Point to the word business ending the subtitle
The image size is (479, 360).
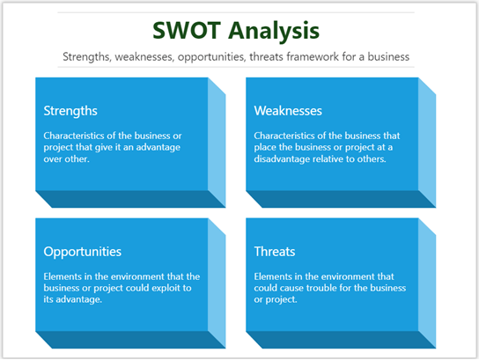tap(387, 57)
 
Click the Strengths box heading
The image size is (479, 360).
tap(70, 111)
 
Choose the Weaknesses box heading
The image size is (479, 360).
tap(288, 111)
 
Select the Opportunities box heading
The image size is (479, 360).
tap(83, 252)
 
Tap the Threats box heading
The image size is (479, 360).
tap(275, 252)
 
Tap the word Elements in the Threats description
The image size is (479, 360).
tap(275, 276)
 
